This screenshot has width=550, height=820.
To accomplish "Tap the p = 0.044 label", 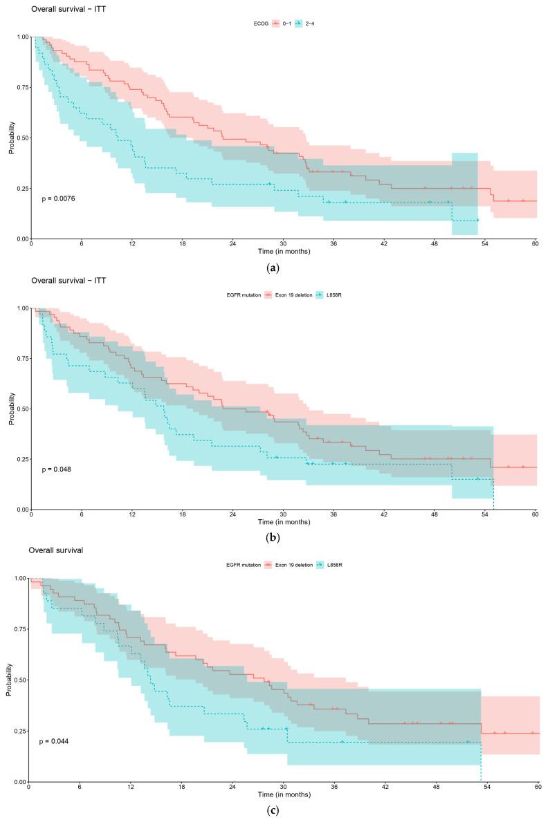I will click(x=53, y=741).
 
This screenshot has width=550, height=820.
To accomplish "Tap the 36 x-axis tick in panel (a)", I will click(x=333, y=244).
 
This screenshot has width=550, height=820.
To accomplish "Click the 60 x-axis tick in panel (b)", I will click(x=535, y=515).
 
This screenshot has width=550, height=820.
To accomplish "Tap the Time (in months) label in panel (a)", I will click(x=284, y=251).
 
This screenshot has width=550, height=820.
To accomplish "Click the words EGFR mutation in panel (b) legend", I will click(x=241, y=295).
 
